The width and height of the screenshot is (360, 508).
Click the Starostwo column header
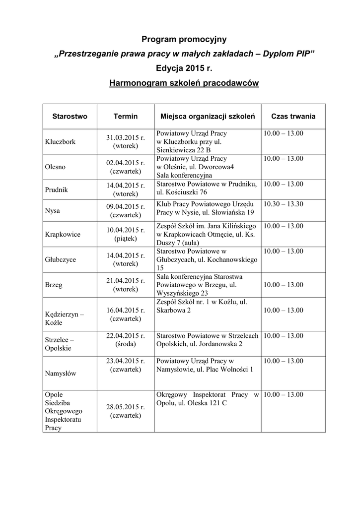pos(70,116)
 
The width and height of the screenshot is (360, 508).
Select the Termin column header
pos(126,116)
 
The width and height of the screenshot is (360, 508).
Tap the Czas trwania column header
pos(293,116)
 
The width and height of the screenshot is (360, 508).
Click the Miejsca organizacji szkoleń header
pos(208,116)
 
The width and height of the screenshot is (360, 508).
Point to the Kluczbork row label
pos(60,141)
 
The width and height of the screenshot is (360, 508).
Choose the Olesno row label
pos(55,167)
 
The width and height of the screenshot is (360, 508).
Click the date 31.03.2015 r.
pos(126,137)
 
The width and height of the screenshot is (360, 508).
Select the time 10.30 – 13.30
pos(284,204)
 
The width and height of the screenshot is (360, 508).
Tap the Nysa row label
pos(52,210)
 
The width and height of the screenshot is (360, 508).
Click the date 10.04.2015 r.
pos(126,230)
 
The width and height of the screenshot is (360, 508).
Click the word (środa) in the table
pos(126,344)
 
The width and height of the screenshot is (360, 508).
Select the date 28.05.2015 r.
pos(126,407)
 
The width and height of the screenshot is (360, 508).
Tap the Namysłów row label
pos(61,374)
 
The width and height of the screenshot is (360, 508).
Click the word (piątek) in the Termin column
pos(126,239)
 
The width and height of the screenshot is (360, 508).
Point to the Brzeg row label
pos(53,285)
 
